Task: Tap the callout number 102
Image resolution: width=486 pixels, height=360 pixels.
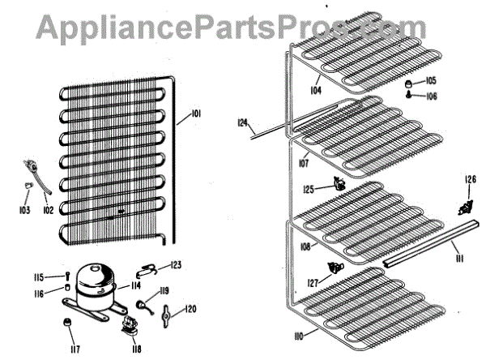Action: tap(49, 211)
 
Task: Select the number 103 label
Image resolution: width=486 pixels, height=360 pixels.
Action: tap(26, 211)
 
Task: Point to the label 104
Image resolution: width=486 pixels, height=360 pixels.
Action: tap(315, 90)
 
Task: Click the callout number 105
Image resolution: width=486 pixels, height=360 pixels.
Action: tap(430, 81)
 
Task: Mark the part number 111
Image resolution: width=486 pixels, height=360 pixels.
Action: tap(458, 257)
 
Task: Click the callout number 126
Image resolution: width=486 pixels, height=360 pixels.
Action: tap(470, 179)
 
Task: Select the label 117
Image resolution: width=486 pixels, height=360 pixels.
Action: tap(75, 350)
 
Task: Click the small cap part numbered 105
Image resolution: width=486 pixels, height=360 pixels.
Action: tap(409, 83)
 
